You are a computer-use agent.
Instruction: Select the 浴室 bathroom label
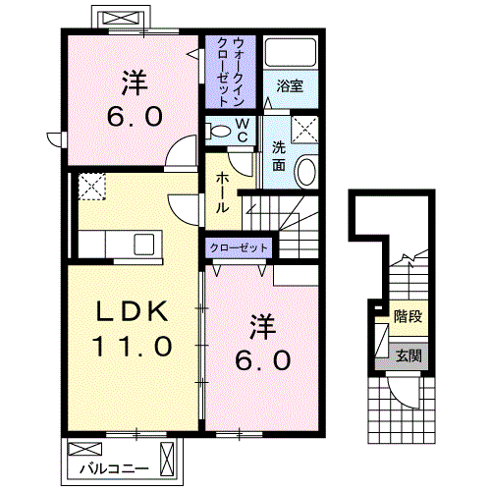[289, 85]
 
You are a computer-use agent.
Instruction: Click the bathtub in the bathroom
[289, 54]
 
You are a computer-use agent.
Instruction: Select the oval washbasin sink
[305, 171]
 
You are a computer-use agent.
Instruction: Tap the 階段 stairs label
[407, 316]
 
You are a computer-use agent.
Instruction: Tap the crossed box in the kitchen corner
[91, 185]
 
